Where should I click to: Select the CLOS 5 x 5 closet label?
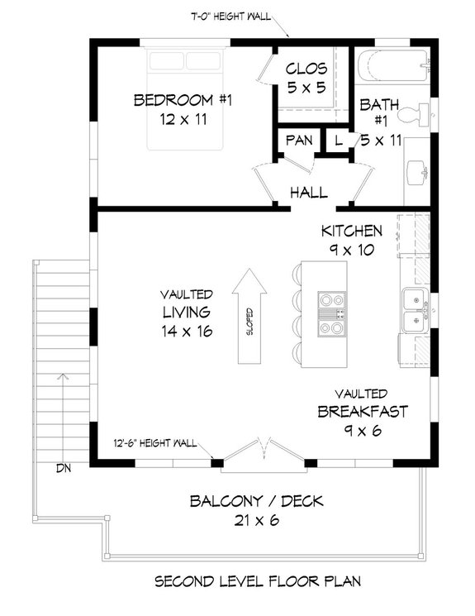pyautogui.click(x=306, y=77)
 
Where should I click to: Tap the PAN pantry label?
pyautogui.click(x=299, y=141)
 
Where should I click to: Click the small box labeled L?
pyautogui.click(x=338, y=141)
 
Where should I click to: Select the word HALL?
pyautogui.click(x=308, y=193)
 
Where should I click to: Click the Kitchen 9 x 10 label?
pyautogui.click(x=352, y=238)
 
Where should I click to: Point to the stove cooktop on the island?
pyautogui.click(x=333, y=314)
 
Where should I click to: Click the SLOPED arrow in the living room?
pyautogui.click(x=249, y=317)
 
